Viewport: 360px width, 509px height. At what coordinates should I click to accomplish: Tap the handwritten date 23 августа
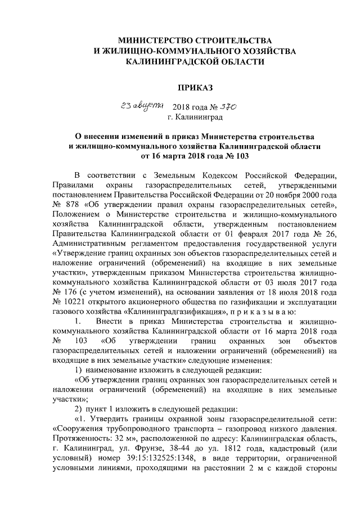136,106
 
